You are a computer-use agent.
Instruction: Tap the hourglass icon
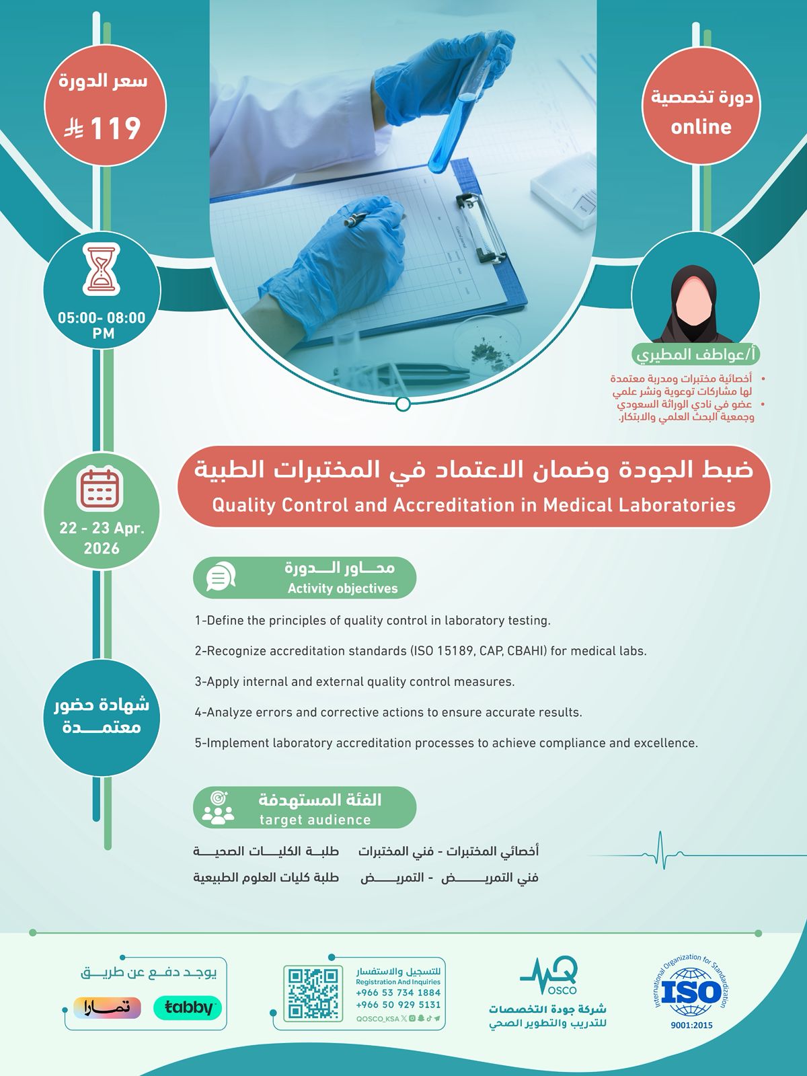pos(102,270)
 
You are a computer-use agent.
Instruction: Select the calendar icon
pos(100,488)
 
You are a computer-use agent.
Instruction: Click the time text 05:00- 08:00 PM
pos(102,325)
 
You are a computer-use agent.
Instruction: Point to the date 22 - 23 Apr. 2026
pos(102,538)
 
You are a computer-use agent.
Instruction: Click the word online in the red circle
pos(701,127)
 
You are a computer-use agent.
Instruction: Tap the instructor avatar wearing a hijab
pos(695,303)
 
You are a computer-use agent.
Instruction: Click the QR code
pos(312,993)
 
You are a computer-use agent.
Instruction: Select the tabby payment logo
pos(188,1007)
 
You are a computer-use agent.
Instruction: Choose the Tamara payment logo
pos(108,1007)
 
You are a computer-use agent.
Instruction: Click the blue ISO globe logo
pos(691,993)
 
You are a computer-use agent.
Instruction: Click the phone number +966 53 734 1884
pos(398,993)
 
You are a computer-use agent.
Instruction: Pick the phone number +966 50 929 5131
pos(398,1005)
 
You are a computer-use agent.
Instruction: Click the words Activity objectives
pos(342,588)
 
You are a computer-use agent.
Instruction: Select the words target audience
pos(315,820)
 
